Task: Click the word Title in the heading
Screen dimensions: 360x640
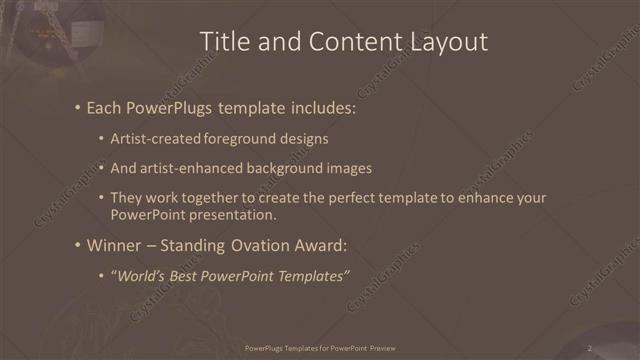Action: (225, 41)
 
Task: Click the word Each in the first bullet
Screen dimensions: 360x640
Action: (106, 107)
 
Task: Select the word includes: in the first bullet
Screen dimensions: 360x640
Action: (323, 107)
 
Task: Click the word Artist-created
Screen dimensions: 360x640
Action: (156, 138)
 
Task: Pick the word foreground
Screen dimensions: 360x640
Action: (246, 138)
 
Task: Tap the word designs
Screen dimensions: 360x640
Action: (306, 138)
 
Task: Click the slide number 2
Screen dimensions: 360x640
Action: (589, 348)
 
